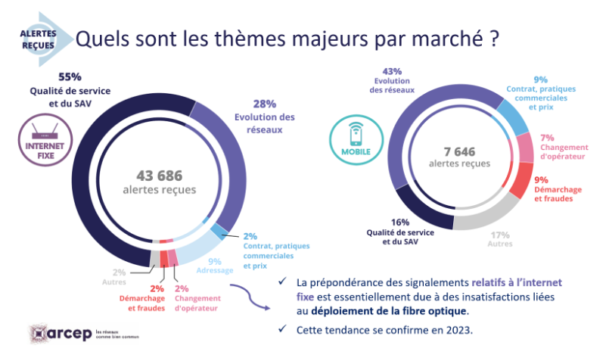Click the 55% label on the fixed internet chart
[70, 77]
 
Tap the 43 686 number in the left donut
[159, 174]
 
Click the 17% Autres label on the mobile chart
[500, 235]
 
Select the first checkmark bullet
[282, 282]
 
